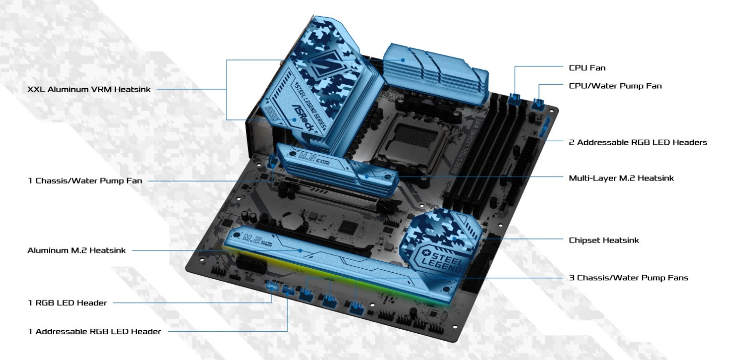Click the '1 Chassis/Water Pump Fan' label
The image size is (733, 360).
(85, 181)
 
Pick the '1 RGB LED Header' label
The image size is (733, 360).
(67, 303)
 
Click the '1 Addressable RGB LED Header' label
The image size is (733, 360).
(94, 331)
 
